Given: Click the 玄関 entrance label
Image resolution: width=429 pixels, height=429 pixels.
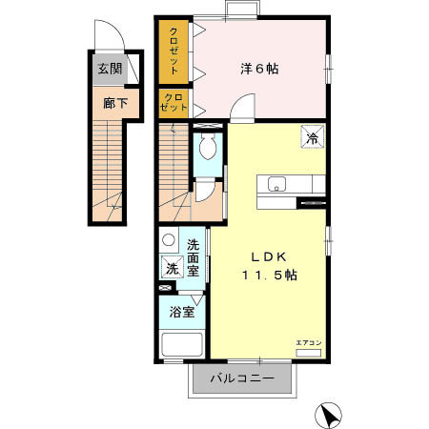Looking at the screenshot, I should tap(110, 69).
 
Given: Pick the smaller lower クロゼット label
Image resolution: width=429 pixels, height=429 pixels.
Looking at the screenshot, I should tap(173, 103).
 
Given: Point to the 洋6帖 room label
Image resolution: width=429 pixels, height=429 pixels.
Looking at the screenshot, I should tap(258, 69).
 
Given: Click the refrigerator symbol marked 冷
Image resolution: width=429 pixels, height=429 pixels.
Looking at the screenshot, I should tap(312, 137).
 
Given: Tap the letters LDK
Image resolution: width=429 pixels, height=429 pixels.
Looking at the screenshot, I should tap(269, 255).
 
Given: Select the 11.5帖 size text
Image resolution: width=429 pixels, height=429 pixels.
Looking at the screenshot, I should tap(268, 275).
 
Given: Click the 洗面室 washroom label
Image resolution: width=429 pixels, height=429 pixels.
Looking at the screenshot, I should tap(194, 257).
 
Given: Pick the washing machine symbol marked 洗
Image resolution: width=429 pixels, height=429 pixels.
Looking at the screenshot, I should tap(172, 268).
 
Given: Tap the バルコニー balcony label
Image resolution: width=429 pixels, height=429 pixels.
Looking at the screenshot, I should tap(243, 379).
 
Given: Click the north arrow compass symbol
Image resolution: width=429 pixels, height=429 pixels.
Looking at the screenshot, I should tap(328, 415).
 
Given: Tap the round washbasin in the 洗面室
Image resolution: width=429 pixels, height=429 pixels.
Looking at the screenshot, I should tap(169, 240).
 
